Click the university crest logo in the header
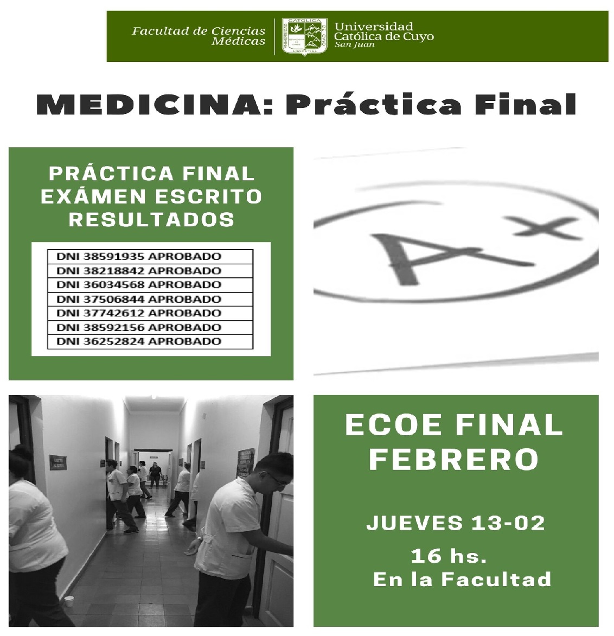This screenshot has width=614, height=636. [x=304, y=36]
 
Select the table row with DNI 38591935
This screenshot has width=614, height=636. [x=150, y=257]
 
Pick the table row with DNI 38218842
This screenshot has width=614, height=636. [x=150, y=271]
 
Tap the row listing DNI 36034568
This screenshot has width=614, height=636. [x=150, y=285]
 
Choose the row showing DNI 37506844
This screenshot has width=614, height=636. [x=150, y=300]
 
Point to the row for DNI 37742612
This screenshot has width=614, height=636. [x=150, y=314]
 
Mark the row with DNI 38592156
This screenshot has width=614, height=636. [x=150, y=328]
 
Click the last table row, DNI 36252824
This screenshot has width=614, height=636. [x=150, y=342]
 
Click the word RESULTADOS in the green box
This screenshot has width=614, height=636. [x=151, y=219]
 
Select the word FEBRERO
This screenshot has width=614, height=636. [x=454, y=460]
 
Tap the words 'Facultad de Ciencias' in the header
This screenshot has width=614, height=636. [x=199, y=31]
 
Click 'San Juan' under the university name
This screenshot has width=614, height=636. [x=354, y=44]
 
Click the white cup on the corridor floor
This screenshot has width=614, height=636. [x=69, y=601]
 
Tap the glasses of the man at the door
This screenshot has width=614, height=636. [x=277, y=480]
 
